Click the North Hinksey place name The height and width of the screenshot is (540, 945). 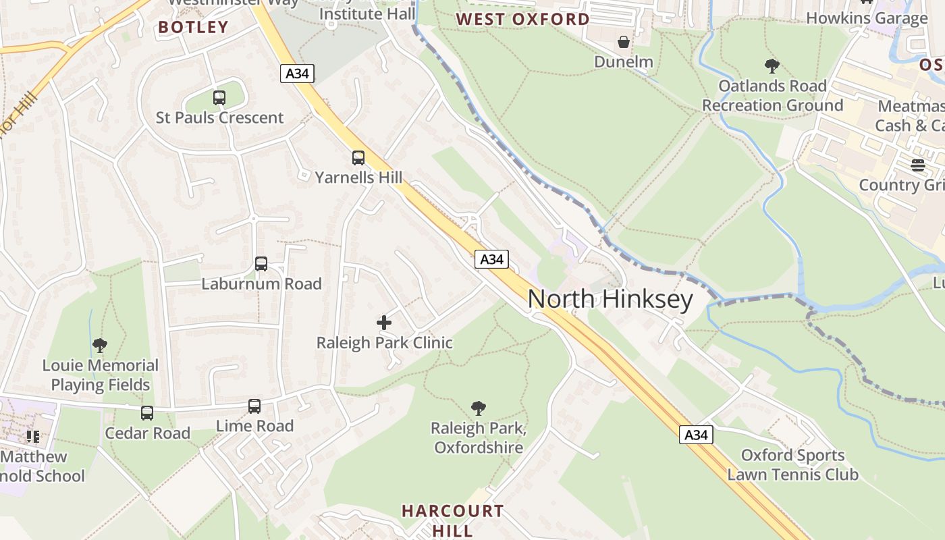610,299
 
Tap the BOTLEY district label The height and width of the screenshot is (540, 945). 193,27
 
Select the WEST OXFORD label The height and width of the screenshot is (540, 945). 522,19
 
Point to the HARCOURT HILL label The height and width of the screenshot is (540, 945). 452,520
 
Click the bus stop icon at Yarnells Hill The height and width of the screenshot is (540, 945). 358,158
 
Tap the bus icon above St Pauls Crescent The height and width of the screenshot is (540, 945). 219,97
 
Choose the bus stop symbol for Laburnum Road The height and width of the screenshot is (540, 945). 261,264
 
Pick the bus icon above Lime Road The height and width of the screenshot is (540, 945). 254,406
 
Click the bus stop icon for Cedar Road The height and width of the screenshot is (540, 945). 147,413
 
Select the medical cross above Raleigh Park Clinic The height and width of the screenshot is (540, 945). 384,323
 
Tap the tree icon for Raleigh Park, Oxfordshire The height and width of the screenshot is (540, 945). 479,408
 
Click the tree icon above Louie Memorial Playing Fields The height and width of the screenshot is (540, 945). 100,346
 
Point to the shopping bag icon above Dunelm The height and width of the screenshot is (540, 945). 624,43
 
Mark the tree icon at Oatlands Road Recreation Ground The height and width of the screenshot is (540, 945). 772,66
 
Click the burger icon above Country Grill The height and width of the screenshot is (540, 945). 917,165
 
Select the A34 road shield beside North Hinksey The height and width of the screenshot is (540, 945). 491,259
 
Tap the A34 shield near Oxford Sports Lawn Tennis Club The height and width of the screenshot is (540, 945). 696,435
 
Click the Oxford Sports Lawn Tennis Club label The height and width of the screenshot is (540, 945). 792,465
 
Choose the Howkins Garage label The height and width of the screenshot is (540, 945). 867,18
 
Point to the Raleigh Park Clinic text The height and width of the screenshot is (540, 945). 384,343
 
